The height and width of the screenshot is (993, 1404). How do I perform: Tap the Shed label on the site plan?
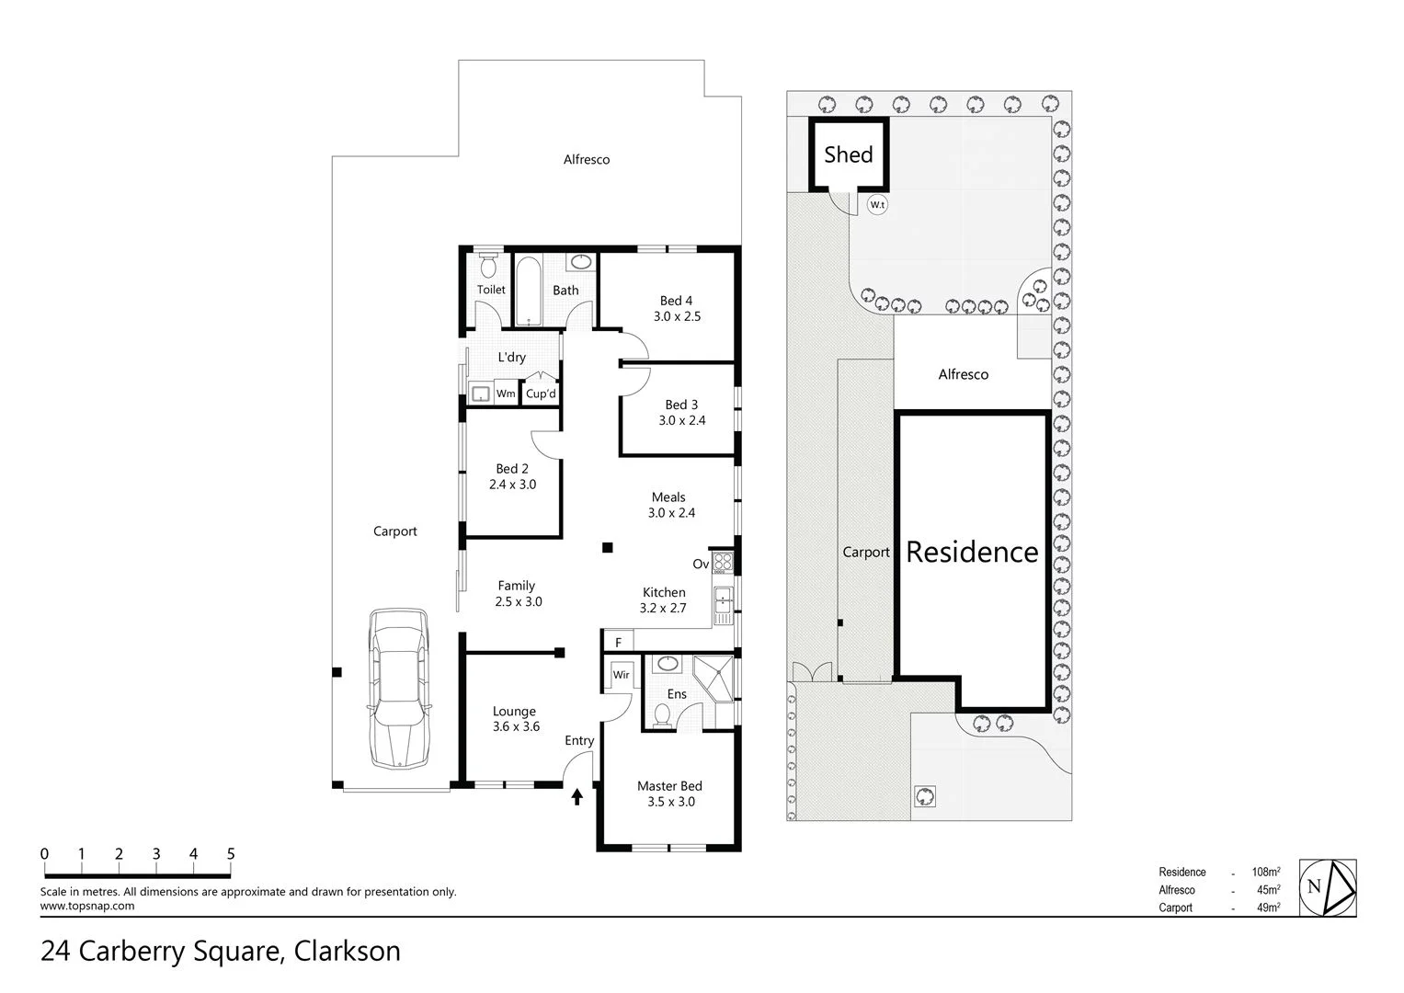tap(848, 154)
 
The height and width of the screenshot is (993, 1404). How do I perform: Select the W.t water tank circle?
tap(877, 205)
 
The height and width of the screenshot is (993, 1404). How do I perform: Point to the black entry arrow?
tap(577, 796)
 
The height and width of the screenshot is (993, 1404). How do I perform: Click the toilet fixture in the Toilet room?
tap(489, 266)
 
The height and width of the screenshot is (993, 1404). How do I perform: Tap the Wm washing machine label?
tap(506, 394)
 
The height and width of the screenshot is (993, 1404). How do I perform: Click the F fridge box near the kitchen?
tap(618, 642)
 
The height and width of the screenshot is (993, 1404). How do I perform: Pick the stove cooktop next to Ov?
tap(723, 563)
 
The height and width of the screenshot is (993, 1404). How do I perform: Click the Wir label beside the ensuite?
tap(622, 675)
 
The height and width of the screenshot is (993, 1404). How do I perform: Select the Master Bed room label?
tap(669, 786)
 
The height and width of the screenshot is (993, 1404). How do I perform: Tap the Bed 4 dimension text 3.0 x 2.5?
tap(677, 316)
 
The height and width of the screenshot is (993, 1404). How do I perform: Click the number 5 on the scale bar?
tap(231, 854)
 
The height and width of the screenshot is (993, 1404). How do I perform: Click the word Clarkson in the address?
tap(347, 951)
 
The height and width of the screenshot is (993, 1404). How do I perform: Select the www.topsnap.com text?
tap(87, 906)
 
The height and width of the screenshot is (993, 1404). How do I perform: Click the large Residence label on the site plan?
tap(972, 552)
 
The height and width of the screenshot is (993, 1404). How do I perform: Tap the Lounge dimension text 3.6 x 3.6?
tap(516, 726)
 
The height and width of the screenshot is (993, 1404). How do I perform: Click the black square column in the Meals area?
tap(607, 548)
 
